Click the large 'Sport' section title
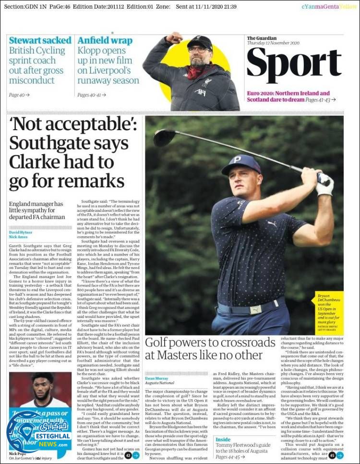click(294, 66)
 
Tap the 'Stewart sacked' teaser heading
click(40, 41)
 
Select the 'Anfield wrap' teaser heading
click(105, 41)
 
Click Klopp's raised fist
click(173, 37)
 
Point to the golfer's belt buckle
click(256, 310)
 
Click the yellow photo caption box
click(329, 311)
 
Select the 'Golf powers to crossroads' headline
click(210, 349)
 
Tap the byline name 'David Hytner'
click(21, 232)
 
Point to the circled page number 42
click(128, 455)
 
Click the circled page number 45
click(332, 455)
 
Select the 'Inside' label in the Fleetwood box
click(223, 439)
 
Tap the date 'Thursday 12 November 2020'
click(273, 43)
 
